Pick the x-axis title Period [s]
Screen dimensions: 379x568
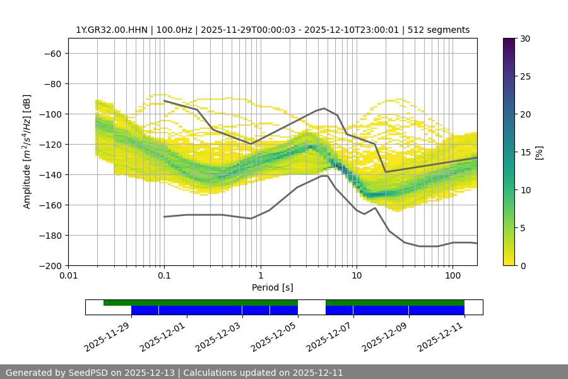[272, 287]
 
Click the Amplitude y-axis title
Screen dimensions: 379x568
[27, 152]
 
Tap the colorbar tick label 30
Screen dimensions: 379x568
[524, 39]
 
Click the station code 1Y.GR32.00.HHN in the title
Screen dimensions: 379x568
[110, 30]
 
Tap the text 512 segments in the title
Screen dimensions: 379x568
[439, 30]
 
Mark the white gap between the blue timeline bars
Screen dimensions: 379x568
[311, 310]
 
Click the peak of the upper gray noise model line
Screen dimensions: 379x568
[324, 108]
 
